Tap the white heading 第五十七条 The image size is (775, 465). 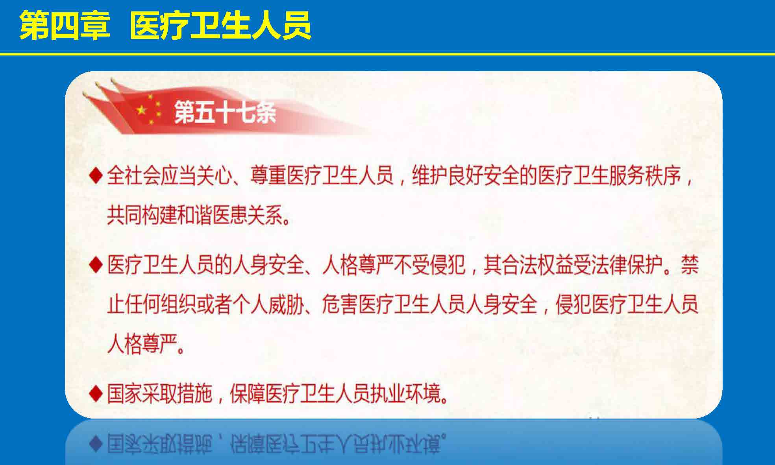[225, 112]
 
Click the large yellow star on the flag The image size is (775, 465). [141, 110]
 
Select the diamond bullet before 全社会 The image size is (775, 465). [96, 175]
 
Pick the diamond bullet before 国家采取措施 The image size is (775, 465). [96, 393]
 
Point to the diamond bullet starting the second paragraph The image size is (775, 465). [96, 264]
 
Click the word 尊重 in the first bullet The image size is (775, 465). [268, 175]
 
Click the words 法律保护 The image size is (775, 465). [627, 264]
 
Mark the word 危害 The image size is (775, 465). [340, 304]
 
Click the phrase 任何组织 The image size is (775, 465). [160, 304]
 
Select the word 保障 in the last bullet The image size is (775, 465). [248, 393]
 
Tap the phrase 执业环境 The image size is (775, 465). [406, 393]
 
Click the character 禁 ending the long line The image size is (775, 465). [690, 264]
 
